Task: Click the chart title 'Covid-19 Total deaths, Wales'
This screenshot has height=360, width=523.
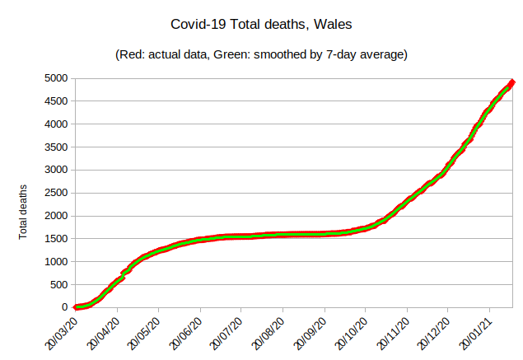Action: [260, 25]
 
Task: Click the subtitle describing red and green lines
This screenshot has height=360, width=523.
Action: [261, 55]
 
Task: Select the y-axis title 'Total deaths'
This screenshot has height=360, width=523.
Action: [24, 212]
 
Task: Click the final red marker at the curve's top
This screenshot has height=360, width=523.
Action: [511, 82]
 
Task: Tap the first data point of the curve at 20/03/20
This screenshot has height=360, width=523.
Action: [77, 307]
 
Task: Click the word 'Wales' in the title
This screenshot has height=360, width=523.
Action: [332, 25]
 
